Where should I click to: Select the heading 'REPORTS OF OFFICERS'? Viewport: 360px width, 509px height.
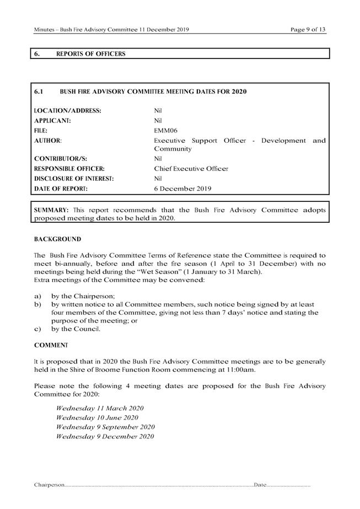click(90, 54)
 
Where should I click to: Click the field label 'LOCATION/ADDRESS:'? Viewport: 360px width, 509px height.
click(67, 110)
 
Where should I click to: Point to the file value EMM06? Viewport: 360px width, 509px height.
click(165, 131)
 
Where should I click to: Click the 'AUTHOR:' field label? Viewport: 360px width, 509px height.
click(47, 141)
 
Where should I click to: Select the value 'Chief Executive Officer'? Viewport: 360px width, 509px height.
click(191, 169)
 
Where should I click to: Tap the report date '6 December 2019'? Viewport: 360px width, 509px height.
click(182, 189)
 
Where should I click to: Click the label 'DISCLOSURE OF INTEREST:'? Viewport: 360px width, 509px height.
click(74, 179)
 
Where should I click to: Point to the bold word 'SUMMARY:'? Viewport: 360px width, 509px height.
click(52, 210)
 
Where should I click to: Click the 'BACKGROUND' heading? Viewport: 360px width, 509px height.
click(57, 239)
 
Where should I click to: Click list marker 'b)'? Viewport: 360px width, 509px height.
click(37, 304)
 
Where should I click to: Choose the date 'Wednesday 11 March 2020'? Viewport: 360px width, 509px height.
click(100, 408)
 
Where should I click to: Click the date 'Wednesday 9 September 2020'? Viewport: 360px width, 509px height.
click(105, 427)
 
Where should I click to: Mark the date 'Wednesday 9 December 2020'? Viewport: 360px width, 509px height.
click(105, 436)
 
